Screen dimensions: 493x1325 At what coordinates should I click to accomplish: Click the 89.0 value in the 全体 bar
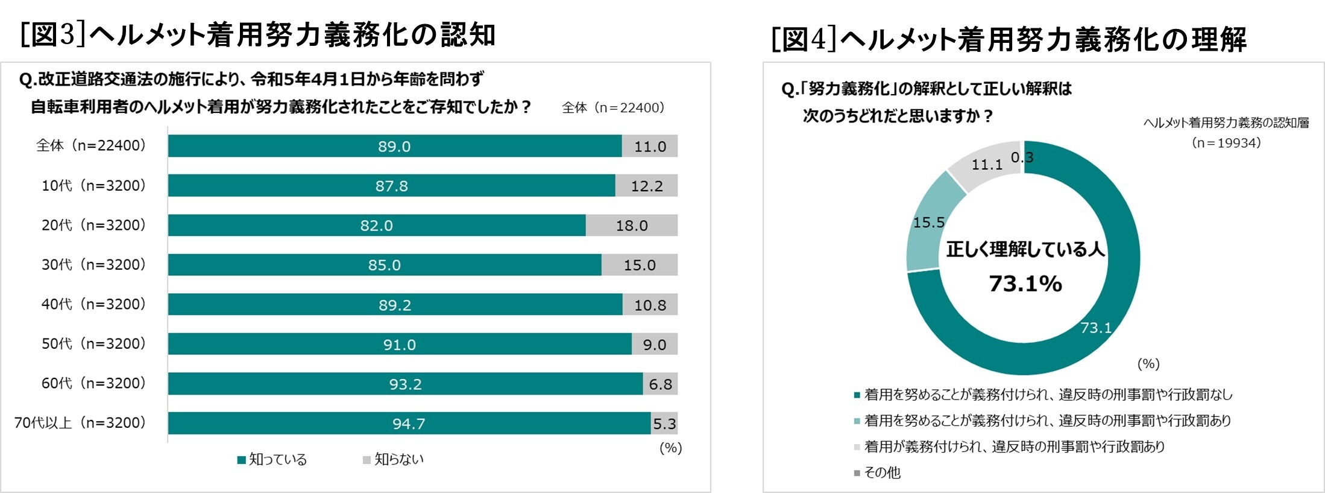click(x=394, y=147)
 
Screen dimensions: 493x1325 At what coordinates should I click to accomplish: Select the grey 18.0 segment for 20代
click(x=631, y=226)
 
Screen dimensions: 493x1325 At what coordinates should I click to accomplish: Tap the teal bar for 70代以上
click(x=409, y=424)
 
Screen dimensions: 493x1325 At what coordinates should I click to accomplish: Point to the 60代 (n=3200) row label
click(x=93, y=383)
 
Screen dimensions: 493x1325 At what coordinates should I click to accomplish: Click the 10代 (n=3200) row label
click(x=93, y=185)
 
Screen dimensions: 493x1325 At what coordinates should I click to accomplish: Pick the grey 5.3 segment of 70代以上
click(x=664, y=424)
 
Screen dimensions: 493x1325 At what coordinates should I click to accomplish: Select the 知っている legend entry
click(x=272, y=460)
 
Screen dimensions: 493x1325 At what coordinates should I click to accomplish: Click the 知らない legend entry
click(x=394, y=460)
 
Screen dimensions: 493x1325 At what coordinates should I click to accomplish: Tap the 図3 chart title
click(x=257, y=34)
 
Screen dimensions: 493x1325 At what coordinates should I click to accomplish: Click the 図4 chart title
click(x=1009, y=39)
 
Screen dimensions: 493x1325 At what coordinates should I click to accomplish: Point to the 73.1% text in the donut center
click(x=1025, y=284)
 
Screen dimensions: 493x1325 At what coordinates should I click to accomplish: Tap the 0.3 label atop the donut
click(x=1022, y=157)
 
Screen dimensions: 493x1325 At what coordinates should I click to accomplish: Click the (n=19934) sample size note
click(x=1226, y=143)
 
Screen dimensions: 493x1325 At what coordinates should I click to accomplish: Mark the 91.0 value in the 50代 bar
click(x=400, y=345)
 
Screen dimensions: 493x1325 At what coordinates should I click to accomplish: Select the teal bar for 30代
click(x=384, y=265)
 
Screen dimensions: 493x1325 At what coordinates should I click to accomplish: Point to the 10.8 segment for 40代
click(x=650, y=305)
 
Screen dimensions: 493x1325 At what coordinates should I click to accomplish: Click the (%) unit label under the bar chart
click(x=670, y=448)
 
